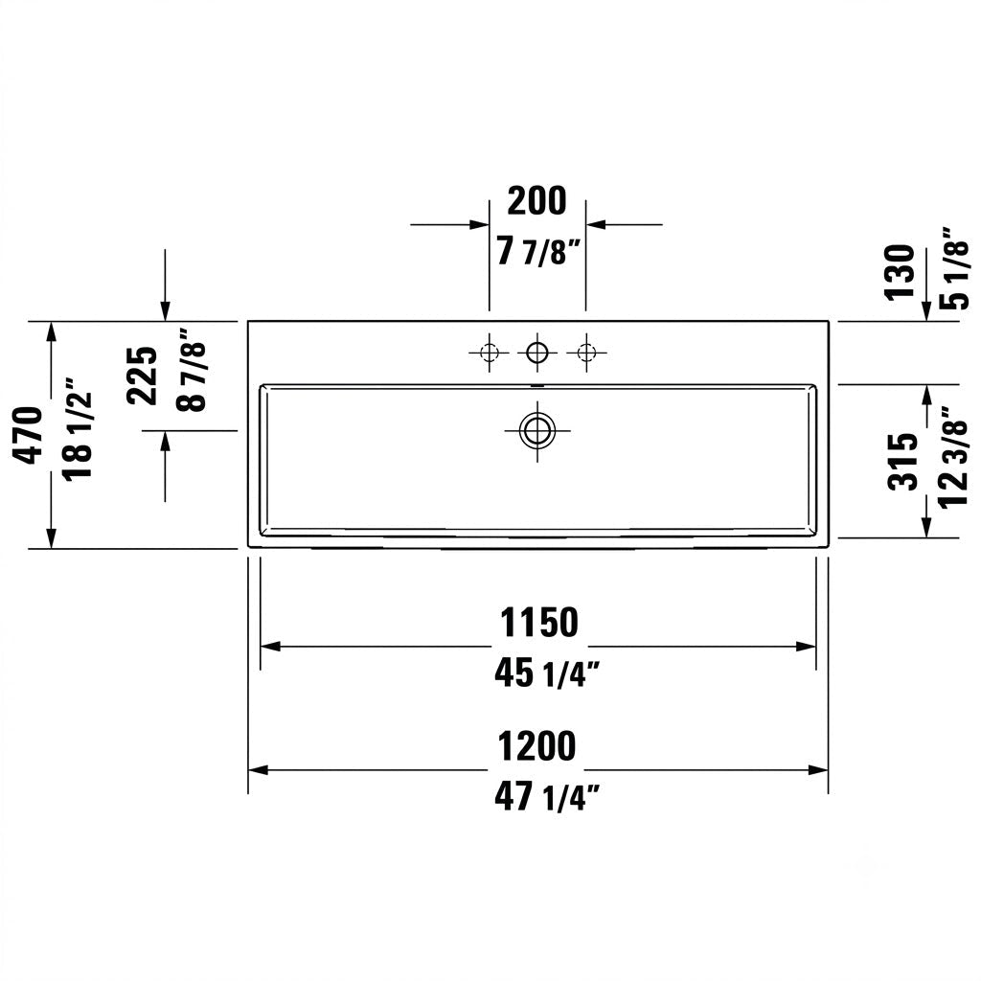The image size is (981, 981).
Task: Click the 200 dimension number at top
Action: pos(536,201)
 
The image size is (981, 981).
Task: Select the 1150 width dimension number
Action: pos(538,623)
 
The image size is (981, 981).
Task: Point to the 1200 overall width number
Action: pos(536,745)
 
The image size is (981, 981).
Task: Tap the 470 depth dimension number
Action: pos(29,436)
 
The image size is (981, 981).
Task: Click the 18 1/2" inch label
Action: pos(79,428)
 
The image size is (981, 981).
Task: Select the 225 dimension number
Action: pos(143,376)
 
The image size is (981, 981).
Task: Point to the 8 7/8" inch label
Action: pos(192,369)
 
